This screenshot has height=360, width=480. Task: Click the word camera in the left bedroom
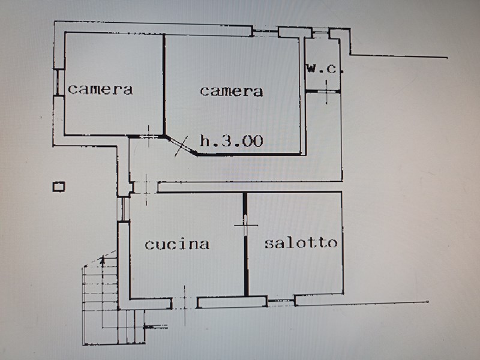pyautogui.click(x=100, y=89)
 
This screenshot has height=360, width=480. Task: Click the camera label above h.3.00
pyautogui.click(x=232, y=91)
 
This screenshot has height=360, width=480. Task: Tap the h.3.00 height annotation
pyautogui.click(x=232, y=141)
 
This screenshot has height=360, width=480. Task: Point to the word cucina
pyautogui.click(x=177, y=244)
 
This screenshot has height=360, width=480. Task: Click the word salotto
pyautogui.click(x=301, y=243)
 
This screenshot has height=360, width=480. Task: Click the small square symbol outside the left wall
pyautogui.click(x=59, y=187)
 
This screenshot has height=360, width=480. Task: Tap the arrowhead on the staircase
pyautogui.click(x=103, y=260)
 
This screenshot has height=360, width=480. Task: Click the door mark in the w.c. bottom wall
pyautogui.click(x=326, y=92)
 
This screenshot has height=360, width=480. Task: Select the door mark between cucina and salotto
pyautogui.click(x=245, y=226)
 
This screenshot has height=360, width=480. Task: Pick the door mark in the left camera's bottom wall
pyautogui.click(x=149, y=136)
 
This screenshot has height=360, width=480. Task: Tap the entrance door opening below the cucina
pyautogui.click(x=185, y=303)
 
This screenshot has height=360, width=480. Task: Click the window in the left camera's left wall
pyautogui.click(x=59, y=83)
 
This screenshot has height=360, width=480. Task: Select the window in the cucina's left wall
pyautogui.click(x=124, y=209)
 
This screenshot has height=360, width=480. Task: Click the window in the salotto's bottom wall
pyautogui.click(x=281, y=302)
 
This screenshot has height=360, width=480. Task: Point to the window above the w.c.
pyautogui.click(x=320, y=32)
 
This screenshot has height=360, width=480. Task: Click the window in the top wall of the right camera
pyautogui.click(x=265, y=32)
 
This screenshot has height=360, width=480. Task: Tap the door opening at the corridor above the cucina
pyautogui.click(x=146, y=187)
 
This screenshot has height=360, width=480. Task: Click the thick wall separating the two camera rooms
pyautogui.click(x=164, y=85)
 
